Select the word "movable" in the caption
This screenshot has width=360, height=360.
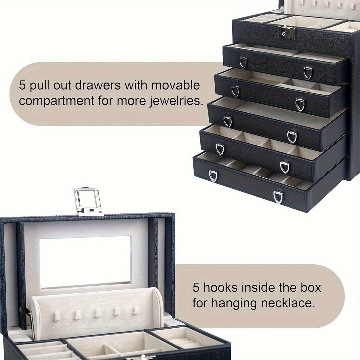coord(176,85)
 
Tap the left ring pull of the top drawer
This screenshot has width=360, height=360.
coord(243,62)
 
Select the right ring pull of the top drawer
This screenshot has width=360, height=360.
coord(308,73)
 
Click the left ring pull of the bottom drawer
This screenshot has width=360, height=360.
coord(213,176)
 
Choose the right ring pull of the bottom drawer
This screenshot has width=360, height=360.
coord(278,197)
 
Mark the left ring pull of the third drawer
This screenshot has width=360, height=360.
coord(228,121)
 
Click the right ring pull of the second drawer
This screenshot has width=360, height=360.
coord(300,105)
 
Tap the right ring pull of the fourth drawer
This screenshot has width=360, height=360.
coord(284,167)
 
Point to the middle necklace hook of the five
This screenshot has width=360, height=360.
coord(97,313)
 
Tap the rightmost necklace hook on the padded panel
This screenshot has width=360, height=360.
coord(135,310)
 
